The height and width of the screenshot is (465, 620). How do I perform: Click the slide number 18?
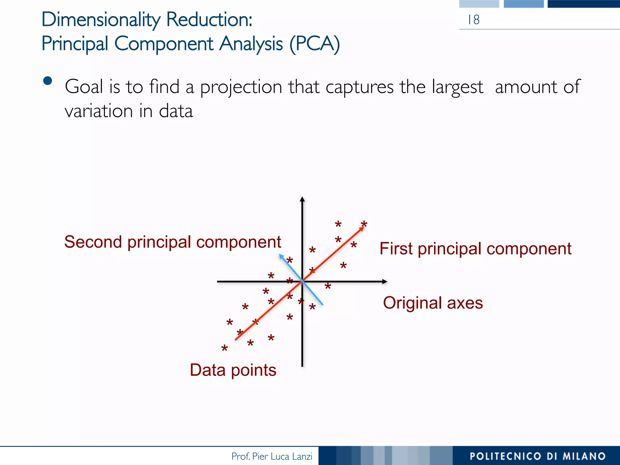coord(474,20)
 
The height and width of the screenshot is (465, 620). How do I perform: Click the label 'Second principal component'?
coord(173,242)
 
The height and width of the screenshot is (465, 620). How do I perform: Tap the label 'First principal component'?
coord(475,249)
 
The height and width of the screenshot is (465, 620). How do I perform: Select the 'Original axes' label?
coord(433,303)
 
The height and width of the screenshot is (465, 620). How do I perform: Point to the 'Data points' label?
coord(233,370)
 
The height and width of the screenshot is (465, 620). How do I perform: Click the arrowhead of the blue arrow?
coord(281,256)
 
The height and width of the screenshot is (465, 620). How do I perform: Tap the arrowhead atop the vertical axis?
coord(302,199)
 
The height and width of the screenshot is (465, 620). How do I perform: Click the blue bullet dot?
coord(48,81)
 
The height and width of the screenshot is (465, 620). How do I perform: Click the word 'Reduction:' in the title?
coord(209,19)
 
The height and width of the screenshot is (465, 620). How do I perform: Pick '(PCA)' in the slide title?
coord(315,44)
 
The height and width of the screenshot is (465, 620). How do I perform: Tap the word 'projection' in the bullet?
coord(241,87)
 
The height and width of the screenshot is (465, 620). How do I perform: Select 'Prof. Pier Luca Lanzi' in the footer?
coord(272,456)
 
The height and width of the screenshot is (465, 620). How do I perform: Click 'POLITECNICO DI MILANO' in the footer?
coord(537,456)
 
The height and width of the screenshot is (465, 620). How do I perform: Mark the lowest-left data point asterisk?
coord(224,348)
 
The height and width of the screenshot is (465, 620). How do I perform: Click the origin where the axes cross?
coord(302,282)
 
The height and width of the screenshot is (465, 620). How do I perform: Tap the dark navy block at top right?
coord(584,4)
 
